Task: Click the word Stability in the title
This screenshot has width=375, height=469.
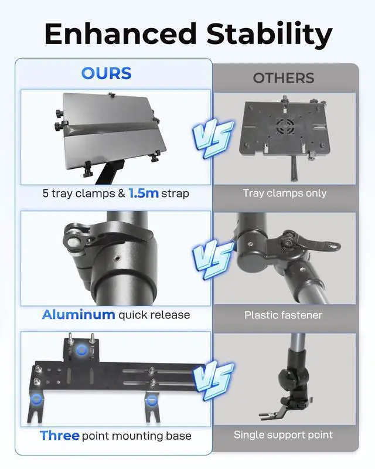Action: (x=269, y=35)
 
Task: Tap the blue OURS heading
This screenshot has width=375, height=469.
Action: (x=106, y=73)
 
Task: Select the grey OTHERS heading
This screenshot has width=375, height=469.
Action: (x=284, y=78)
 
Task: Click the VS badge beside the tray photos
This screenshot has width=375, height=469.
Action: (x=213, y=138)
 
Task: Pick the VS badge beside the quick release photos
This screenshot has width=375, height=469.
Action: (x=213, y=259)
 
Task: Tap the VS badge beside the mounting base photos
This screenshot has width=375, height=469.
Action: (x=213, y=381)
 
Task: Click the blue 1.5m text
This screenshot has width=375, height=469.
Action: (x=143, y=193)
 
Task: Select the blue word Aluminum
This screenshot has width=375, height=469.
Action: (x=79, y=315)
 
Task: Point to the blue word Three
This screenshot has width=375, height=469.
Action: (x=60, y=436)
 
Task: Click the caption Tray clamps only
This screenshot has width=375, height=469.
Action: (x=284, y=193)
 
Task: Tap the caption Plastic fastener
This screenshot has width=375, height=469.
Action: (x=283, y=315)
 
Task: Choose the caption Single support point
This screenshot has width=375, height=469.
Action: (x=283, y=434)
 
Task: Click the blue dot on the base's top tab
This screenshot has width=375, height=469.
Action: (x=81, y=350)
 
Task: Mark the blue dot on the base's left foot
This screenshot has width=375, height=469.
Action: (x=36, y=399)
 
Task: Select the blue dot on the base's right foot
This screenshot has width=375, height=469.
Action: (x=152, y=400)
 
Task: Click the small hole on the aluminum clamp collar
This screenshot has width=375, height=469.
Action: (x=118, y=257)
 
